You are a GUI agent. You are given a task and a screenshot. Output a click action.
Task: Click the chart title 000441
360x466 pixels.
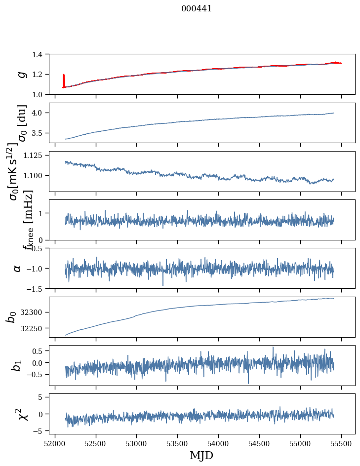(x=197, y=8)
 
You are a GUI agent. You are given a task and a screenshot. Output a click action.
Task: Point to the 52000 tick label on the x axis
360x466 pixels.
(x=55, y=443)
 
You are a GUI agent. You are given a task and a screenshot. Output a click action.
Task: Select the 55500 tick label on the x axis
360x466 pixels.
(x=341, y=443)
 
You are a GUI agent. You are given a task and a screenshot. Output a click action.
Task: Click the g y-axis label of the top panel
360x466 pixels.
(x=21, y=74)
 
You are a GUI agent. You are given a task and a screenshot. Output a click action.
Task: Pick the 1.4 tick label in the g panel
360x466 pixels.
(x=41, y=54)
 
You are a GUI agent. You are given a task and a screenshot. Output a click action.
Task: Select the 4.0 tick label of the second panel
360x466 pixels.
(x=41, y=113)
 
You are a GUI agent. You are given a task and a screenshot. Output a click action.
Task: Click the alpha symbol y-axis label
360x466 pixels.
(x=18, y=268)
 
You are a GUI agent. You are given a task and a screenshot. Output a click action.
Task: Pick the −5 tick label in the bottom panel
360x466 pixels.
(x=41, y=431)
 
